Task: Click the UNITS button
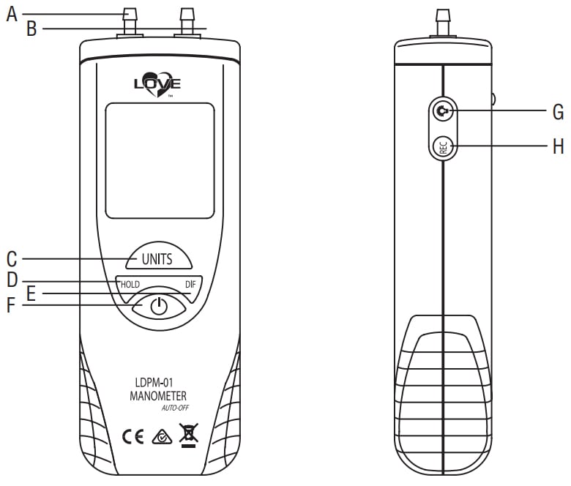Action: (157, 258)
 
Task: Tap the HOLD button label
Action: (130, 284)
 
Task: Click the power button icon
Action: (159, 306)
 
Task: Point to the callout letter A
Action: (11, 14)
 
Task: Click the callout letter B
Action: (31, 29)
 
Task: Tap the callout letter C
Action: (11, 258)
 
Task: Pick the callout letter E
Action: (31, 294)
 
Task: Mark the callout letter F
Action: (11, 305)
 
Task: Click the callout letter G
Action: (558, 112)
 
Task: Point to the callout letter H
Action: (558, 146)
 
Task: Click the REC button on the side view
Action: (444, 146)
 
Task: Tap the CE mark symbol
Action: (133, 437)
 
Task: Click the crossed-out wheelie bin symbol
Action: (188, 435)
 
